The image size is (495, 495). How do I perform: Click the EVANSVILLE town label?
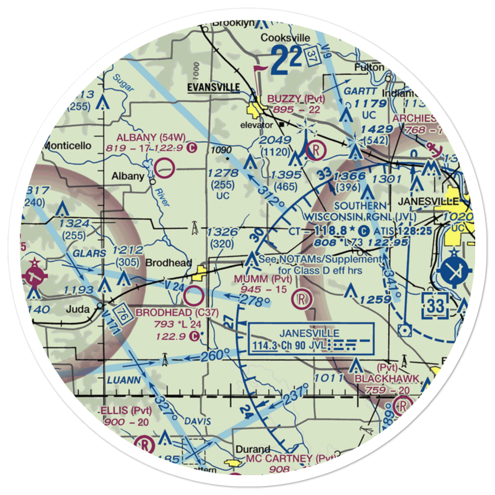coord(213,88)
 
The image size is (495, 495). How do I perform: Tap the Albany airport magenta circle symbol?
coord(164,168)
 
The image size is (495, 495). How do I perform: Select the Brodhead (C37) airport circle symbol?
coord(194,297)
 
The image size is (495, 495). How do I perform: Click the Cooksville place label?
coord(285,38)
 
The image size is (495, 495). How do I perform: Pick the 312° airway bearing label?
coord(270,196)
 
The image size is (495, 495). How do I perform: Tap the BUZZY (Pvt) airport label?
coord(296,99)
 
